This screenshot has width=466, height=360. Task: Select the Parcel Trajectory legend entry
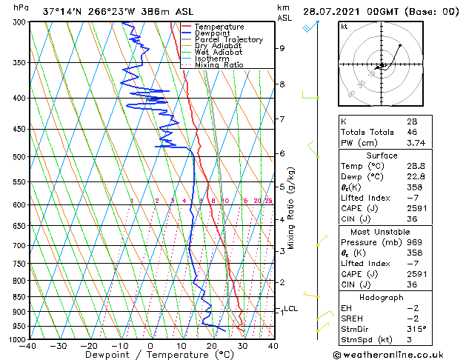[228, 40]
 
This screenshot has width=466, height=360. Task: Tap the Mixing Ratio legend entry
[219, 65]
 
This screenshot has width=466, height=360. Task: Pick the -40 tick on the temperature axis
[28, 346]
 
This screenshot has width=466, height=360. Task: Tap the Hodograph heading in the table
[382, 297]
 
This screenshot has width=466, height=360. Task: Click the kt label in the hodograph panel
[344, 26]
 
